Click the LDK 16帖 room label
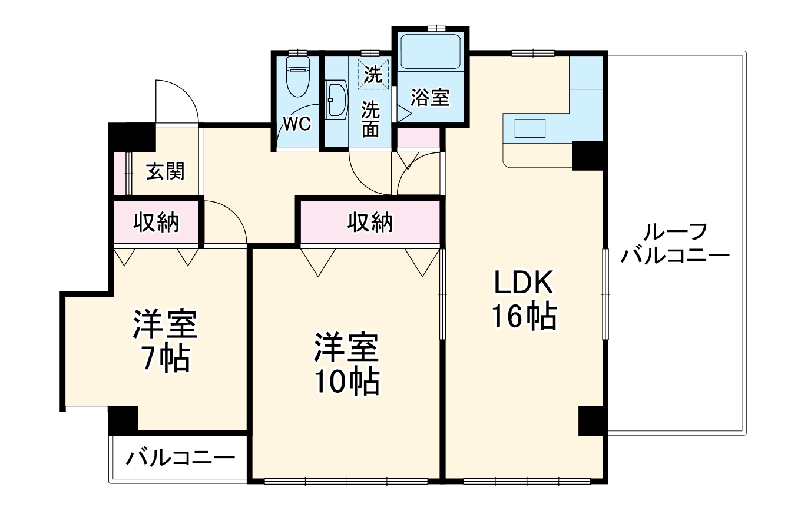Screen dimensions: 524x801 [x=524, y=301]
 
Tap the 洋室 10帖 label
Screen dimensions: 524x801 [x=345, y=364]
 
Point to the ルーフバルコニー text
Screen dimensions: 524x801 [x=675, y=245]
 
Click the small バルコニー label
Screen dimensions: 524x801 [x=179, y=458]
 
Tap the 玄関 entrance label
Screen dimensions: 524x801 [x=166, y=172]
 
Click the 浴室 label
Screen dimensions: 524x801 [x=430, y=98]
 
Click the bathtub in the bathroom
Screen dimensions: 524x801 [x=431, y=52]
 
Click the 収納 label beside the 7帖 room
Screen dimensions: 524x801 [x=155, y=223]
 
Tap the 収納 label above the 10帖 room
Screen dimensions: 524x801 [x=370, y=223]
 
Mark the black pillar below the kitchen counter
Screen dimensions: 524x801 [x=587, y=156]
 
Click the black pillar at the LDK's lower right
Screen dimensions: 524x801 [x=592, y=420]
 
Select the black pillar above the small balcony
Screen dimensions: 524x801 [x=123, y=420]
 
